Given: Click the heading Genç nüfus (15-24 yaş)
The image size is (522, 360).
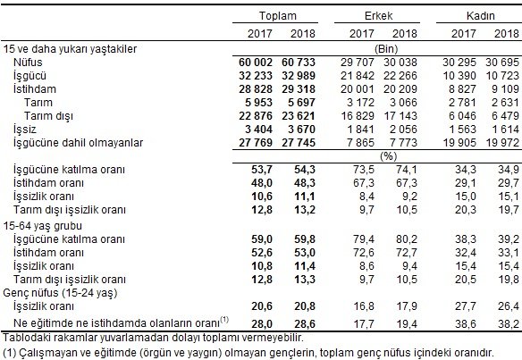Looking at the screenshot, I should coord(62,291).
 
